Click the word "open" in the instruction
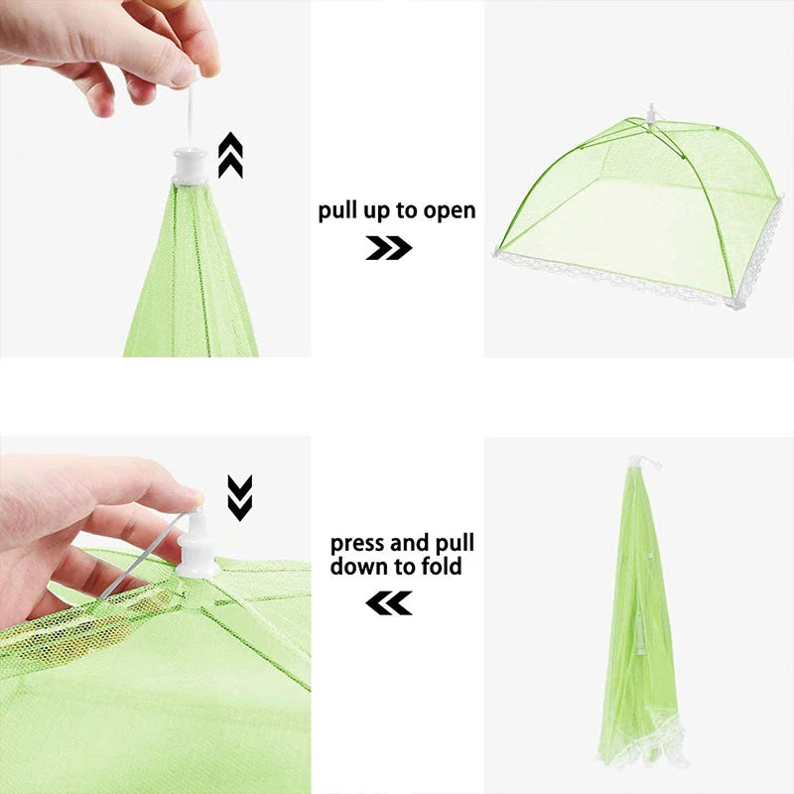[x=451, y=211]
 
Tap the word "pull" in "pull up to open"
[x=338, y=211]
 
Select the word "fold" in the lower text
[x=442, y=568]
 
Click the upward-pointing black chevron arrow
[x=230, y=156]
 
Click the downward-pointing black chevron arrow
[x=240, y=497]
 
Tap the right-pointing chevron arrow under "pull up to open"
[x=388, y=248]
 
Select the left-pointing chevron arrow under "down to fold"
[x=388, y=602]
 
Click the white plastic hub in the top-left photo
[x=192, y=165]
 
